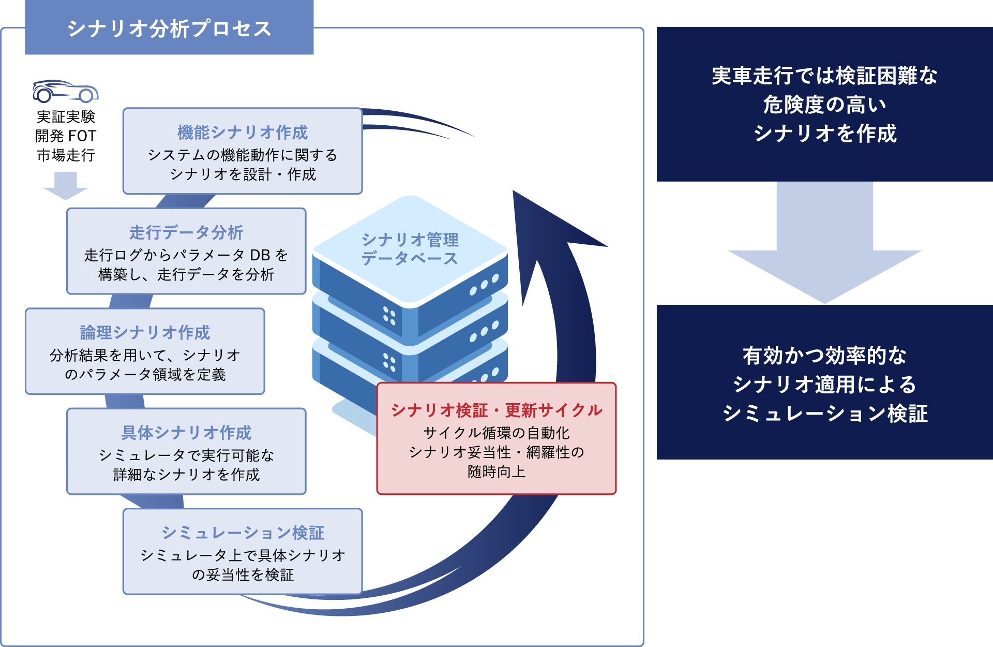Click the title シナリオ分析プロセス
[x=169, y=29]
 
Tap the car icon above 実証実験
[x=65, y=91]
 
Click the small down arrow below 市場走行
[x=66, y=186]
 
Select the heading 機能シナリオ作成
[x=243, y=133]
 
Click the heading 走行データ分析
[x=186, y=232]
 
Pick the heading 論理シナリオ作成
[x=145, y=332]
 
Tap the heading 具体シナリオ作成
[x=186, y=432]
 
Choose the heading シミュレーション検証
[x=243, y=533]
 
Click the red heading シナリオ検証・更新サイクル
[x=496, y=410]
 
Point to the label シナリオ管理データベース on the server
[x=410, y=249]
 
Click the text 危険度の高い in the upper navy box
[x=824, y=105]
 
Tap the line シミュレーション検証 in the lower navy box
[x=824, y=414]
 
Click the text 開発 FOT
[x=66, y=136]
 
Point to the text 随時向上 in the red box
[x=496, y=472]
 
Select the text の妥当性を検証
[x=243, y=575]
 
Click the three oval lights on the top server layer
[x=484, y=285]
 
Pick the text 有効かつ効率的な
[x=824, y=356]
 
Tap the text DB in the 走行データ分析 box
[x=260, y=255]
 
